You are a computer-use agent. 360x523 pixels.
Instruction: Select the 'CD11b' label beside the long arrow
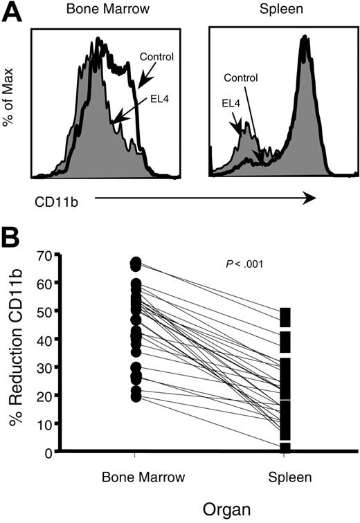(x=54, y=201)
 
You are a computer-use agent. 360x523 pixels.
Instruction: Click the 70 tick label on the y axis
(x=43, y=256)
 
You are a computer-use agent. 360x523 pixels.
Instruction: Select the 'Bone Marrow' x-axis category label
(x=134, y=477)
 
